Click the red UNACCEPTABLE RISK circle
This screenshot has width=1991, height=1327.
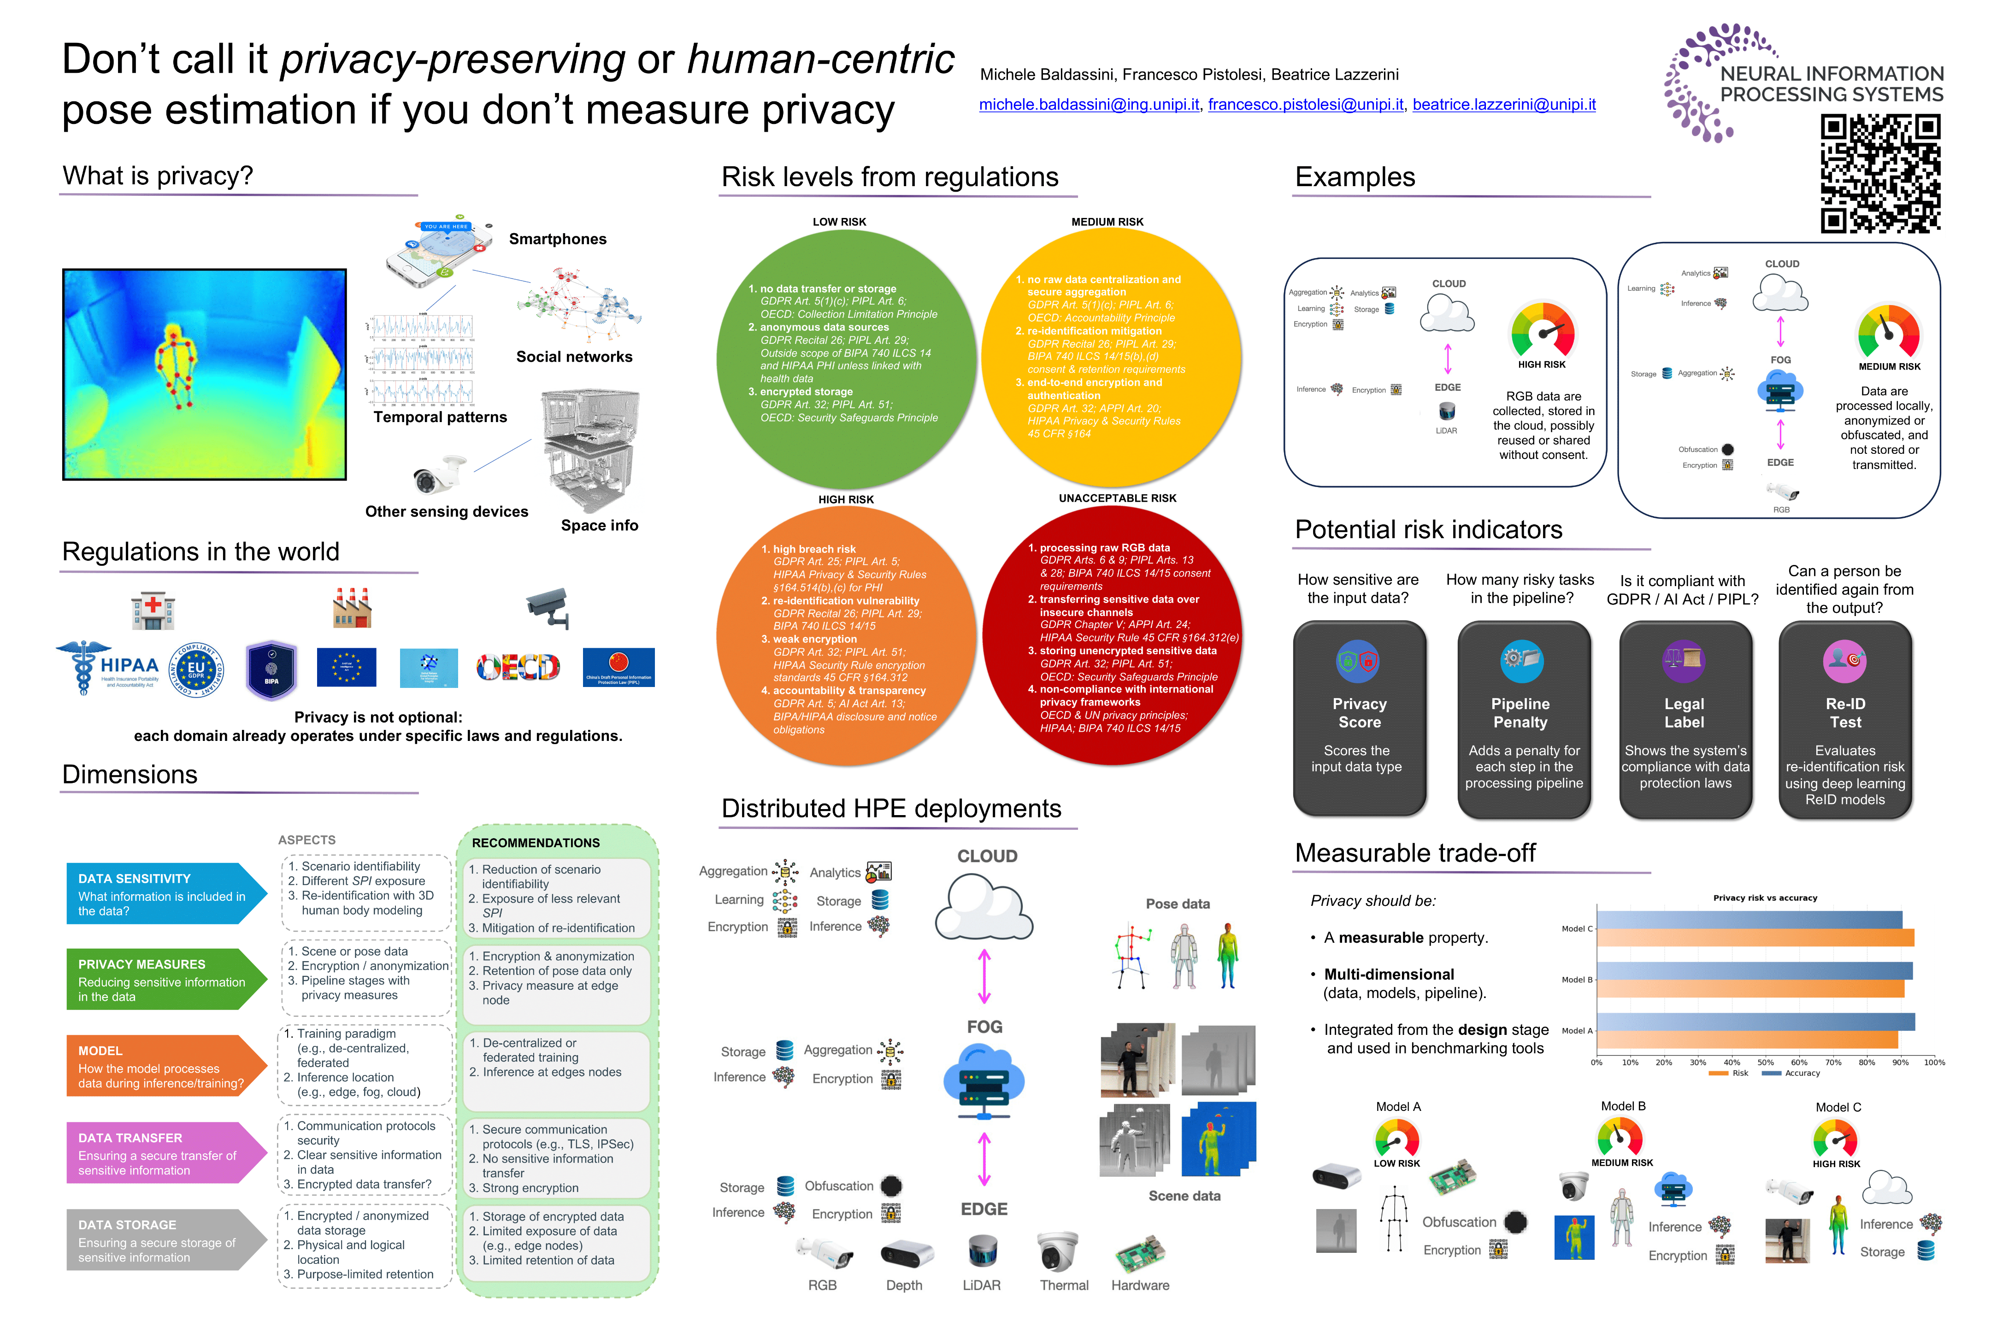pos(1112,635)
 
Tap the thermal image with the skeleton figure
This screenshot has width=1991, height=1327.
pos(204,374)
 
